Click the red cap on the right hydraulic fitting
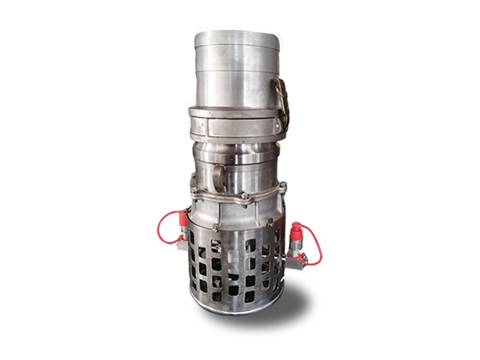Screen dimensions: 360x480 [x=298, y=230]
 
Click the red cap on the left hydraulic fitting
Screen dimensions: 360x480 [x=183, y=218]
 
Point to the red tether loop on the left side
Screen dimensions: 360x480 [x=163, y=226]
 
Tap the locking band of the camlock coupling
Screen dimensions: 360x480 [x=232, y=123]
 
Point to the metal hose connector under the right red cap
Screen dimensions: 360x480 [x=297, y=251]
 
